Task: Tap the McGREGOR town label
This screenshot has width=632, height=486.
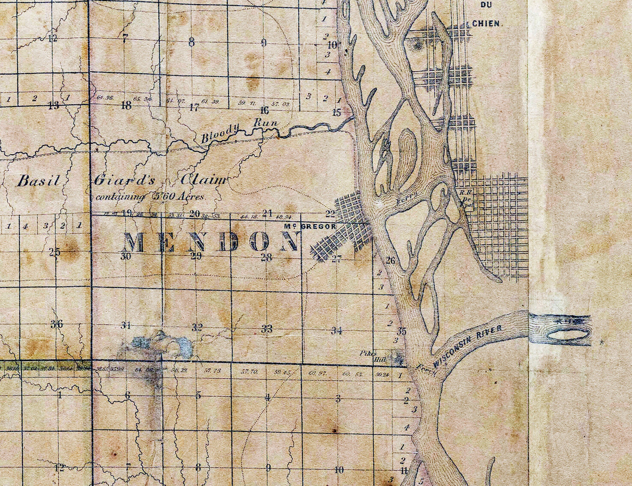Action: pos(310,227)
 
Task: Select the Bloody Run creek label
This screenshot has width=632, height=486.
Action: pos(239,130)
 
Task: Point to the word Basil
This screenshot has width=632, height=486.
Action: pos(38,181)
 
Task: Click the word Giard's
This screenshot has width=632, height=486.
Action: pos(124,181)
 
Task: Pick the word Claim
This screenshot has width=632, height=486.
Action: pos(204,180)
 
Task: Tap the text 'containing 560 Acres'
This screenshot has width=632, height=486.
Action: pos(149,197)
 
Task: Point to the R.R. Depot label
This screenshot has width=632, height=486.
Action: pos(465,195)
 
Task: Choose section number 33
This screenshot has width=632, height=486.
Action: pos(267,329)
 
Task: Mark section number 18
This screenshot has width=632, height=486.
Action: pos(126,105)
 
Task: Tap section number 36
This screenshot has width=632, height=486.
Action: pos(56,324)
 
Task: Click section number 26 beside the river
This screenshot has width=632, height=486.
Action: pos(390,260)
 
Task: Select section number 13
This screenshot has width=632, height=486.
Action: pos(54,106)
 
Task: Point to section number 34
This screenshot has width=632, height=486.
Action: pos(337,330)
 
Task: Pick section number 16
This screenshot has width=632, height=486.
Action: pos(264,110)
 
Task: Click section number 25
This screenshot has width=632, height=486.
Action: pos(55,253)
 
